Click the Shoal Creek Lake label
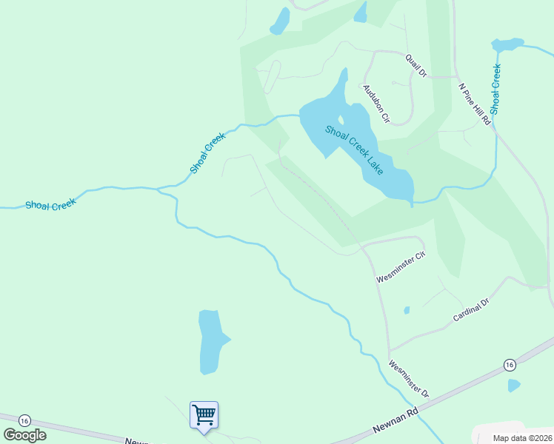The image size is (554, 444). tap(354, 149)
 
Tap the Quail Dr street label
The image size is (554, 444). tap(416, 65)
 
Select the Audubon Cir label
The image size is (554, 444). tap(376, 103)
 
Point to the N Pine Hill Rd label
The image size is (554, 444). tap(475, 104)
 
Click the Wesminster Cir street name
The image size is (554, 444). tap(401, 267)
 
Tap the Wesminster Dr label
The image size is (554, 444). tap(409, 377)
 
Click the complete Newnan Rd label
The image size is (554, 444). tap(396, 420)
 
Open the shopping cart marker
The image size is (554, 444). tap(204, 414)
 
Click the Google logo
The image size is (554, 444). tap(24, 434)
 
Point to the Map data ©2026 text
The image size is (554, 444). tap(523, 438)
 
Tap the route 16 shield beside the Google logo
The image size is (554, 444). tap(24, 420)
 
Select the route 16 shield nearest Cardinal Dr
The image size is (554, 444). tap(509, 365)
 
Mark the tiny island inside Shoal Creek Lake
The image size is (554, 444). tap(341, 120)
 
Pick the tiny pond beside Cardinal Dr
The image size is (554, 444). tap(407, 310)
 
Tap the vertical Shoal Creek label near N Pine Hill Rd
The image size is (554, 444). tap(495, 89)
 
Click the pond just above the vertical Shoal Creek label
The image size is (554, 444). tap(507, 45)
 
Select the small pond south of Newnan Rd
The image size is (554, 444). tap(514, 385)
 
